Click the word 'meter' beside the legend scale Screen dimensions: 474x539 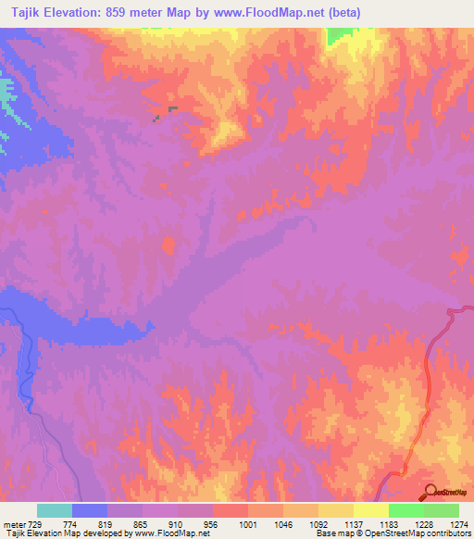(x=12, y=523)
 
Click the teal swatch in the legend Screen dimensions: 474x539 (x=55, y=510)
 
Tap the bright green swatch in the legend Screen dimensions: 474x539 (x=405, y=510)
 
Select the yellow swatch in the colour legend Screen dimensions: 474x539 (x=370, y=510)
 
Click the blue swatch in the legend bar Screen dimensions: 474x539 (x=90, y=510)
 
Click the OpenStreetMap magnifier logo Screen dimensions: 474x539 (x=431, y=493)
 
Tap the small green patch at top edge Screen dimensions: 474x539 (x=341, y=36)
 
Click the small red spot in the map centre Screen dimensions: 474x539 (x=169, y=245)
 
